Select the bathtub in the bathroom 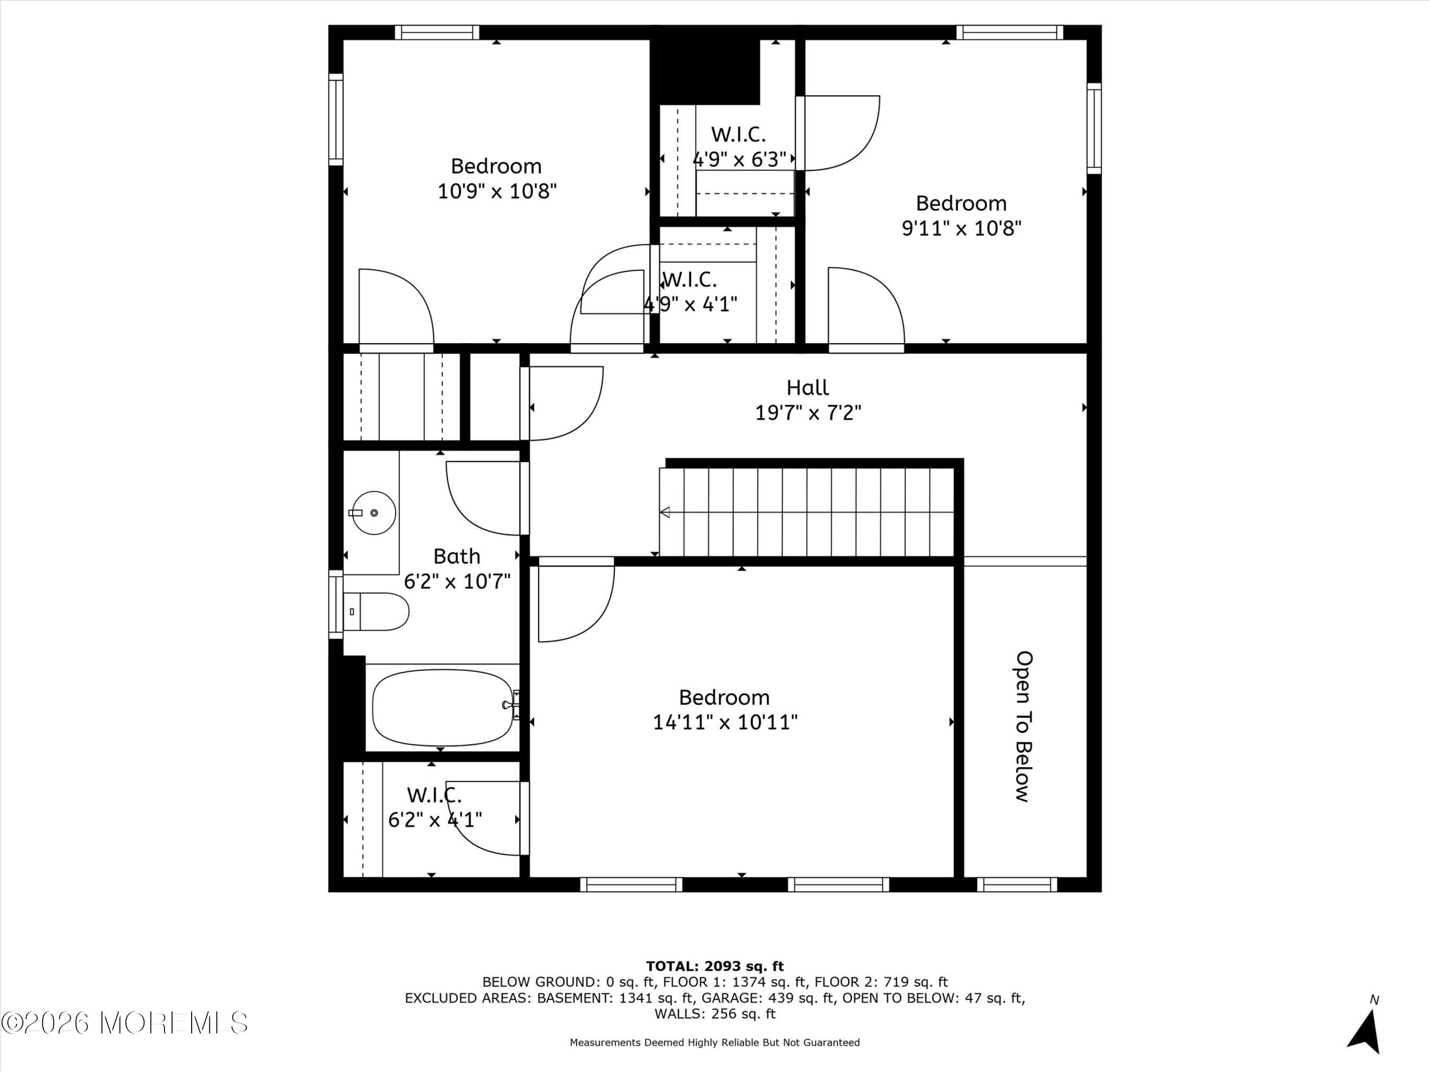tap(442, 707)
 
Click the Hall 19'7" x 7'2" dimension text tap(808, 412)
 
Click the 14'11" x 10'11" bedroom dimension tap(725, 722)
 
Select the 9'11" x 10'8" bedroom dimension tap(961, 228)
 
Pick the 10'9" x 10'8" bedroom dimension tap(497, 191)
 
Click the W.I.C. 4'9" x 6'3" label tap(739, 147)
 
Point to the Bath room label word tap(457, 556)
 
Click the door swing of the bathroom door tap(481, 497)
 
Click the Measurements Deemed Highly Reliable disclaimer tap(715, 1042)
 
